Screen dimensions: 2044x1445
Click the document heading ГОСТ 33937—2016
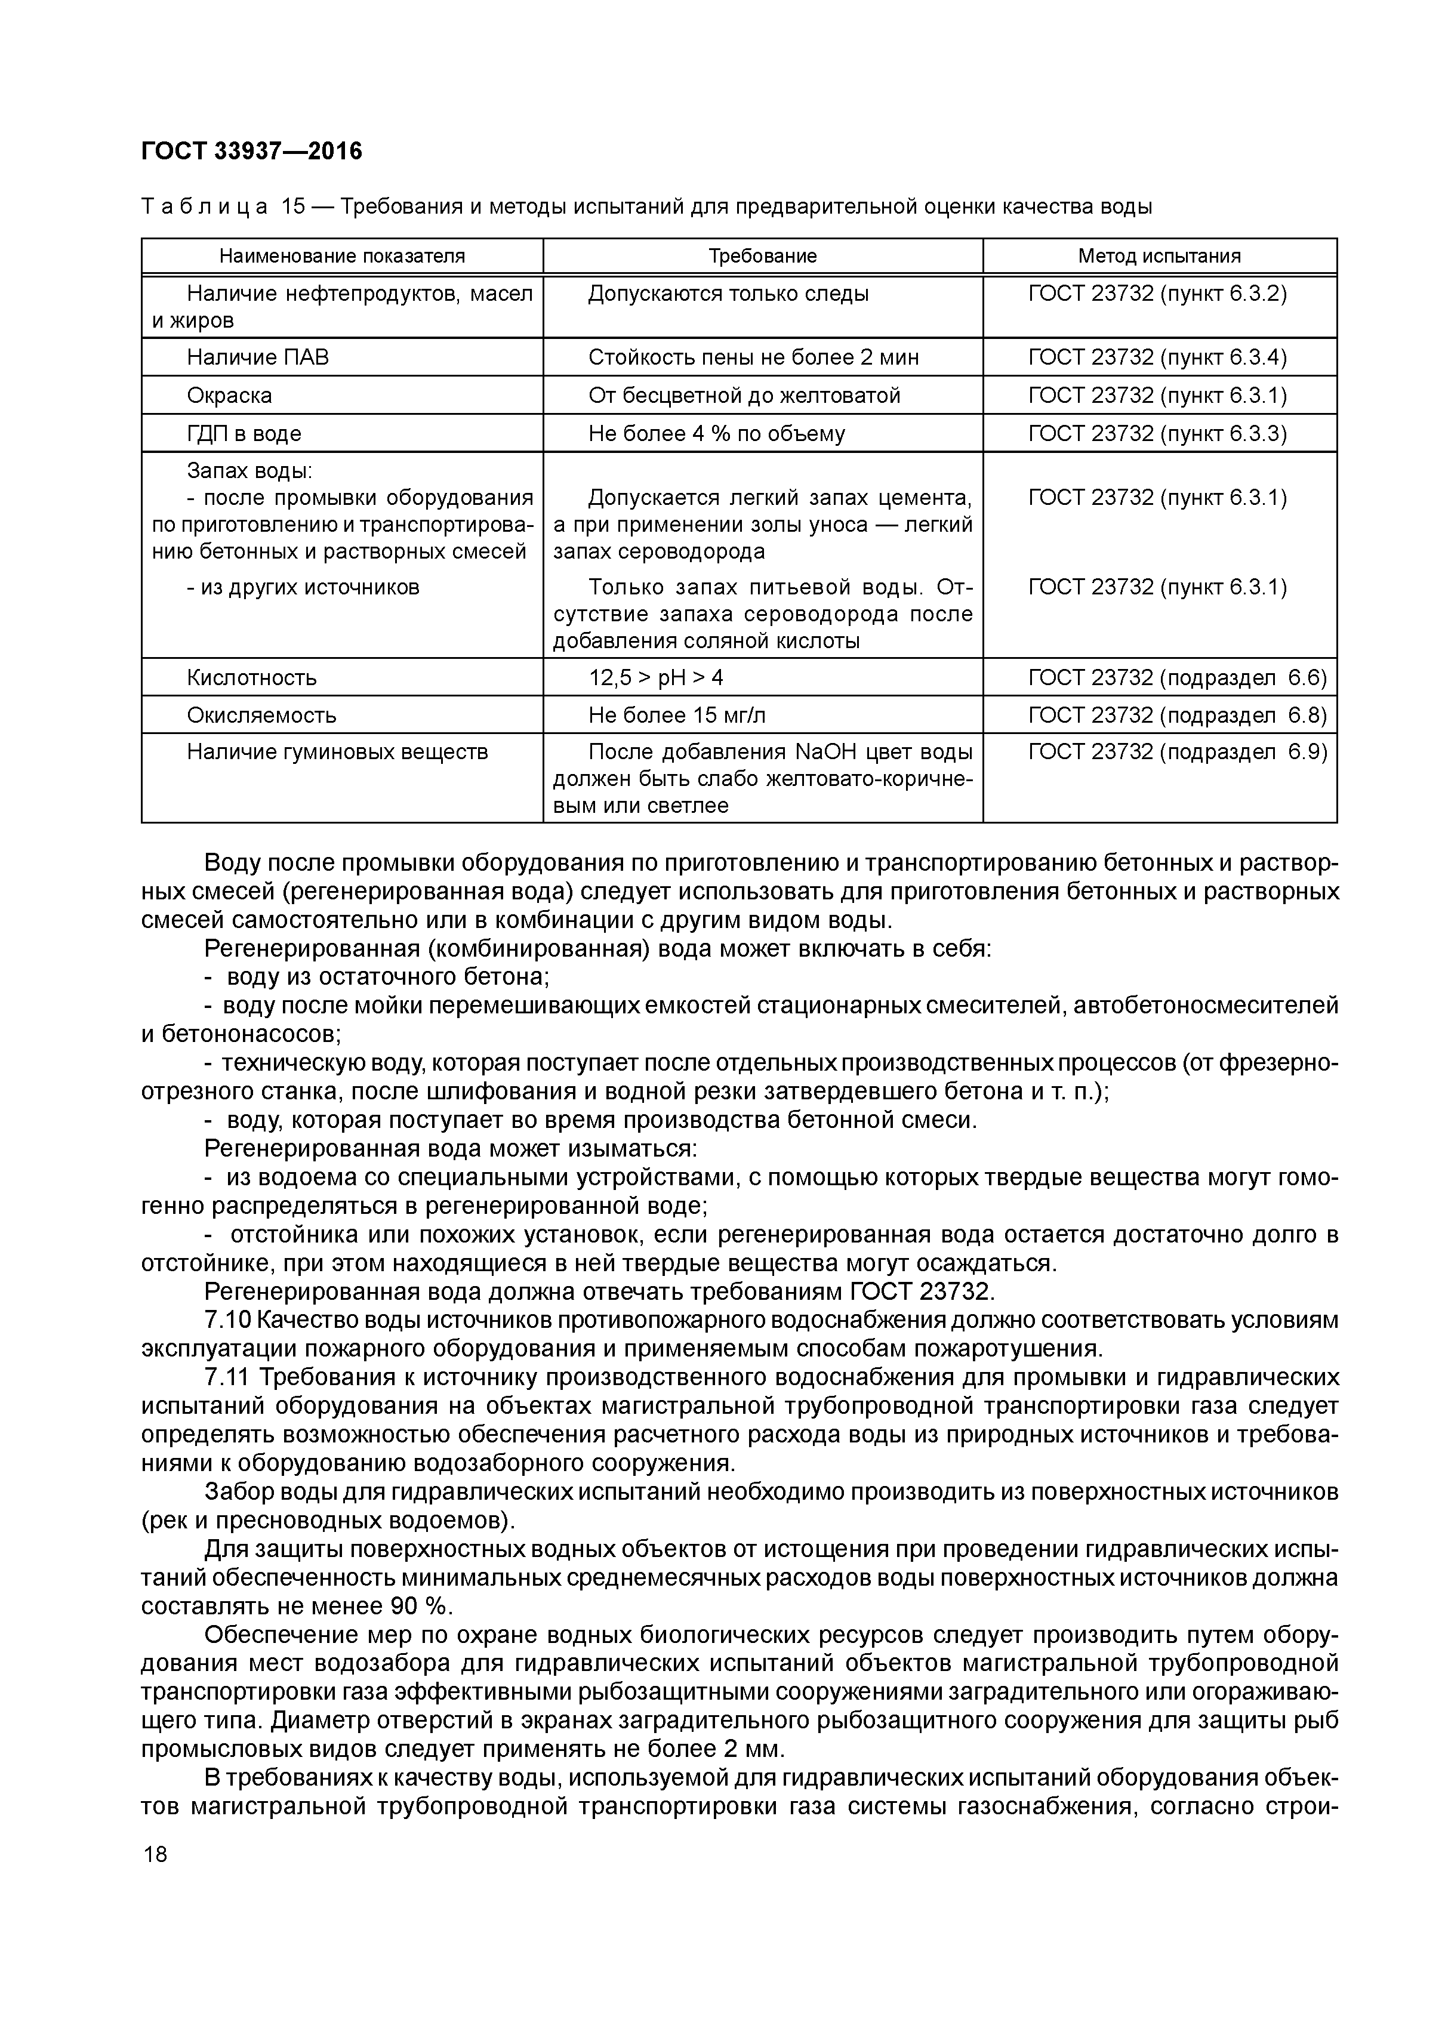[252, 152]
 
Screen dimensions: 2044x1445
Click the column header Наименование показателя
[342, 257]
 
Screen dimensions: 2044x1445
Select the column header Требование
[762, 257]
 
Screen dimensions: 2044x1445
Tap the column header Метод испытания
[1159, 257]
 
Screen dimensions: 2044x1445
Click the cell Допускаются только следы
[728, 294]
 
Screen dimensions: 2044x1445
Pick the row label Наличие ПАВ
[257, 357]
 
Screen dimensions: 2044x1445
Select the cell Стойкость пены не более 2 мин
[753, 357]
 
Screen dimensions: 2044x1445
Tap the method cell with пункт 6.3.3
[1157, 433]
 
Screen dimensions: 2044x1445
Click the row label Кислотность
[251, 677]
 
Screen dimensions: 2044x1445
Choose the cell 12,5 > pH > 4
[655, 677]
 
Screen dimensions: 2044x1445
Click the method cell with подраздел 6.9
[1177, 753]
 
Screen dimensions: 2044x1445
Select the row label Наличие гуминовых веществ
[337, 753]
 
